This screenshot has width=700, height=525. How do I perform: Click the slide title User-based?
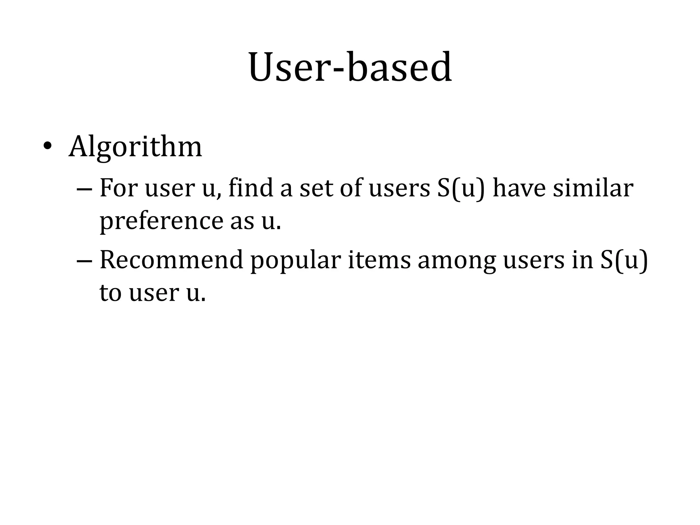tap(350, 67)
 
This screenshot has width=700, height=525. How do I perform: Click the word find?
tap(251, 188)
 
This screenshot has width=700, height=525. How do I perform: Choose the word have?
tap(519, 188)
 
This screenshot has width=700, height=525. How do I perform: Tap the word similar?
tap(593, 188)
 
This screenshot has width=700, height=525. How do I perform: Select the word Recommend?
tap(171, 260)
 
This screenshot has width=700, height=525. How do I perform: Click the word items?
tap(379, 260)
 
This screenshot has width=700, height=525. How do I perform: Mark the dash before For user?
tap(84, 189)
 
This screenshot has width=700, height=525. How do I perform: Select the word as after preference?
tap(242, 221)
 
